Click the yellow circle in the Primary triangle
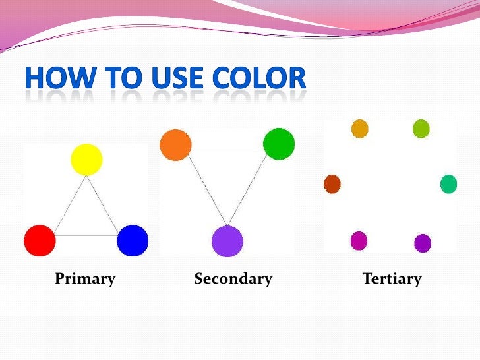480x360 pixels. pos(86,160)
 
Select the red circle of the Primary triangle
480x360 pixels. pos(40,241)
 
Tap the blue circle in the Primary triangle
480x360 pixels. pos(133,241)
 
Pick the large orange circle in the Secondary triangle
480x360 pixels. pos(175,145)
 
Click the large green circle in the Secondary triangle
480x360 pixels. pos(278,144)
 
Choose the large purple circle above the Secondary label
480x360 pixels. pos(227,241)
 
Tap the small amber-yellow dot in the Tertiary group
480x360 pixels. pos(359,129)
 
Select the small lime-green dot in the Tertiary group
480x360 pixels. pos(421,129)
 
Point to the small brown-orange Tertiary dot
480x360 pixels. pos(332,184)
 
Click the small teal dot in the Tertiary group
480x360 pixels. pos(448,184)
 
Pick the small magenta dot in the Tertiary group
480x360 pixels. pos(359,241)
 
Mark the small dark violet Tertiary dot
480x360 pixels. pos(423,243)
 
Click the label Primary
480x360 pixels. pos(85,279)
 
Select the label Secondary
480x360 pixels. pos(233,279)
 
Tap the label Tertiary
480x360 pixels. pos(392,279)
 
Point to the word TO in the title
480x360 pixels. pos(119,79)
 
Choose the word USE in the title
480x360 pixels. pos(177,79)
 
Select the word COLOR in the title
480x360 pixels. pos(260,79)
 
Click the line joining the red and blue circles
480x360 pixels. pos(86,235)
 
